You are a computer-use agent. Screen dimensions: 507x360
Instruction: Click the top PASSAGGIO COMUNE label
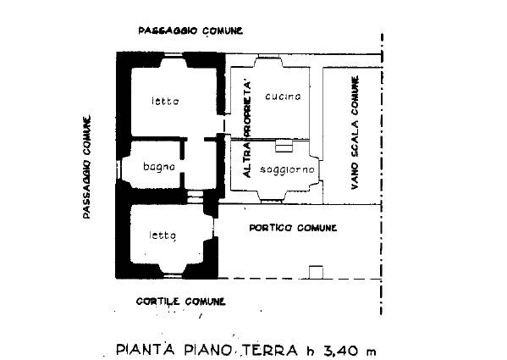[x=190, y=30]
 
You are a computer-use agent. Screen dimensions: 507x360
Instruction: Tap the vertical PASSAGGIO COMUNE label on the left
[x=86, y=167]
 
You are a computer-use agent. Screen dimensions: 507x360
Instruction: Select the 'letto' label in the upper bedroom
[x=165, y=102]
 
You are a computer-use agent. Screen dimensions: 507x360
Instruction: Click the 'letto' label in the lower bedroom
[x=163, y=235]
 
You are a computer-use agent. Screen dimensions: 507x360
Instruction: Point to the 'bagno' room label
[x=159, y=167]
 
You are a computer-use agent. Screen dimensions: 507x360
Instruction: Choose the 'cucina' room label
[x=283, y=96]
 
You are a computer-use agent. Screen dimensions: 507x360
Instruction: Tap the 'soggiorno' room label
[x=287, y=169]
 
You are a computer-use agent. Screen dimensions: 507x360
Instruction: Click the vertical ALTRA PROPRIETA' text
[x=247, y=130]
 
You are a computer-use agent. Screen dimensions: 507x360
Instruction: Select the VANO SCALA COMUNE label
[x=355, y=133]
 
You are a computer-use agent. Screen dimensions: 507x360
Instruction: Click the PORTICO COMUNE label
[x=293, y=228]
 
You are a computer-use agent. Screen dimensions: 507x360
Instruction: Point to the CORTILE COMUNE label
[x=181, y=302]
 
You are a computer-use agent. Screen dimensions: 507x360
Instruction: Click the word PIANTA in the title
[x=146, y=350]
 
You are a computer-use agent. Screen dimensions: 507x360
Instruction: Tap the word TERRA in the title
[x=270, y=350]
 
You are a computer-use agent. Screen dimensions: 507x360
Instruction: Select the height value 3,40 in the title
[x=339, y=351]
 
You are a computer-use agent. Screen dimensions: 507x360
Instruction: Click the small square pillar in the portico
[x=316, y=273]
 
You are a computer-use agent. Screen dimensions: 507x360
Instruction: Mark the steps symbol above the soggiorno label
[x=284, y=146]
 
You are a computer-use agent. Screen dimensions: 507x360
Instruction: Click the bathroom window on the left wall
[x=118, y=169]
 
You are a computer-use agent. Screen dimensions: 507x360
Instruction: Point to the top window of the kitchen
[x=268, y=56]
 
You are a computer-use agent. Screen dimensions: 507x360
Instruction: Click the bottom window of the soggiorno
[x=272, y=202]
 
